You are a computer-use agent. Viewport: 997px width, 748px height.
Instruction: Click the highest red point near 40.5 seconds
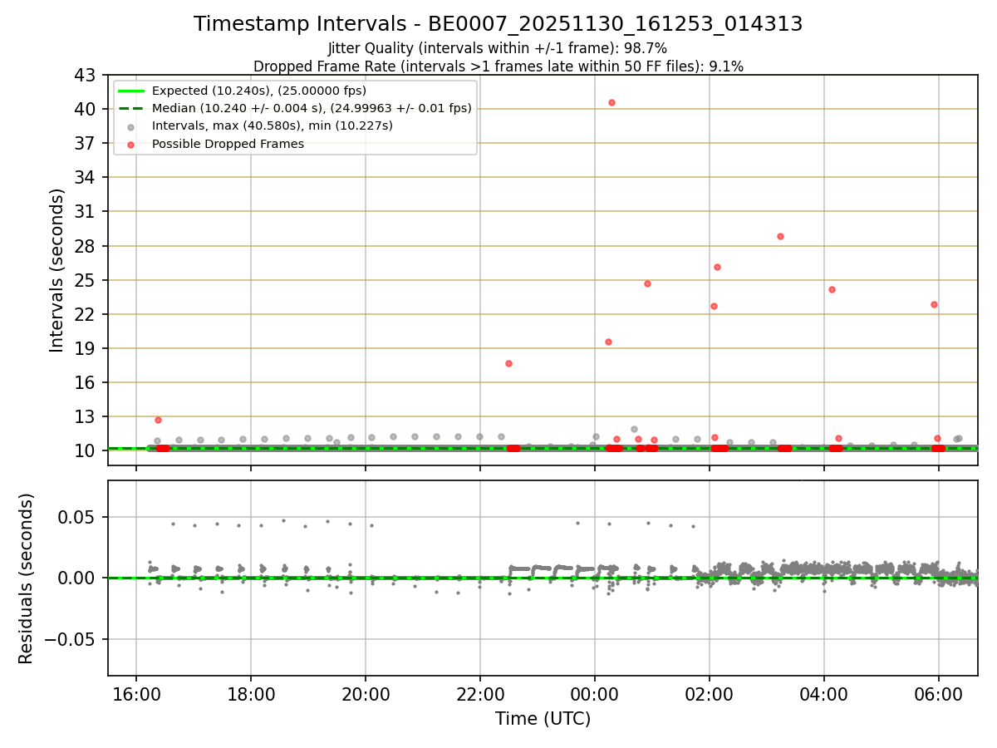pos(611,102)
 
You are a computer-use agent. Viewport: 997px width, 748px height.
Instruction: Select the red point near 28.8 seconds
pos(780,236)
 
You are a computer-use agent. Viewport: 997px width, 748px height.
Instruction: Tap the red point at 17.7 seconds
pos(508,363)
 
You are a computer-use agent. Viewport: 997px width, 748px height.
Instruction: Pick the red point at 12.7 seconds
pos(158,420)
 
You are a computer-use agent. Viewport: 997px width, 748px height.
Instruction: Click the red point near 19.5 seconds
pos(608,342)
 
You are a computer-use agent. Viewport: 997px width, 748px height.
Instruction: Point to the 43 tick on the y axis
pos(86,75)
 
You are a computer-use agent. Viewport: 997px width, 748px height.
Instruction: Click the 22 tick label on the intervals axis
pos(86,314)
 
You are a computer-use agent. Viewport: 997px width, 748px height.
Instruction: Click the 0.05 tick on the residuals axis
pos(79,517)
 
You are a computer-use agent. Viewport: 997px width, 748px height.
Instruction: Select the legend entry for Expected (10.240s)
pos(258,91)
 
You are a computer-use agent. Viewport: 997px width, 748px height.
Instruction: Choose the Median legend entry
pos(311,108)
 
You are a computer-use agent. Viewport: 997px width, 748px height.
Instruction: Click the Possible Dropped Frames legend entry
pos(228,144)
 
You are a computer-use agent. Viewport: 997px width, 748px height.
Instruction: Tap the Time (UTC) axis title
pos(543,719)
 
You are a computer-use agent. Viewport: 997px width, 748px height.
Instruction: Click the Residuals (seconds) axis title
pos(27,578)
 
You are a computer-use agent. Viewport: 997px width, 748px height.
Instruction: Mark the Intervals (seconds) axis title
pos(57,270)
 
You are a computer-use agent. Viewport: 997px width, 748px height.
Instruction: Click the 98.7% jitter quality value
pos(648,48)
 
